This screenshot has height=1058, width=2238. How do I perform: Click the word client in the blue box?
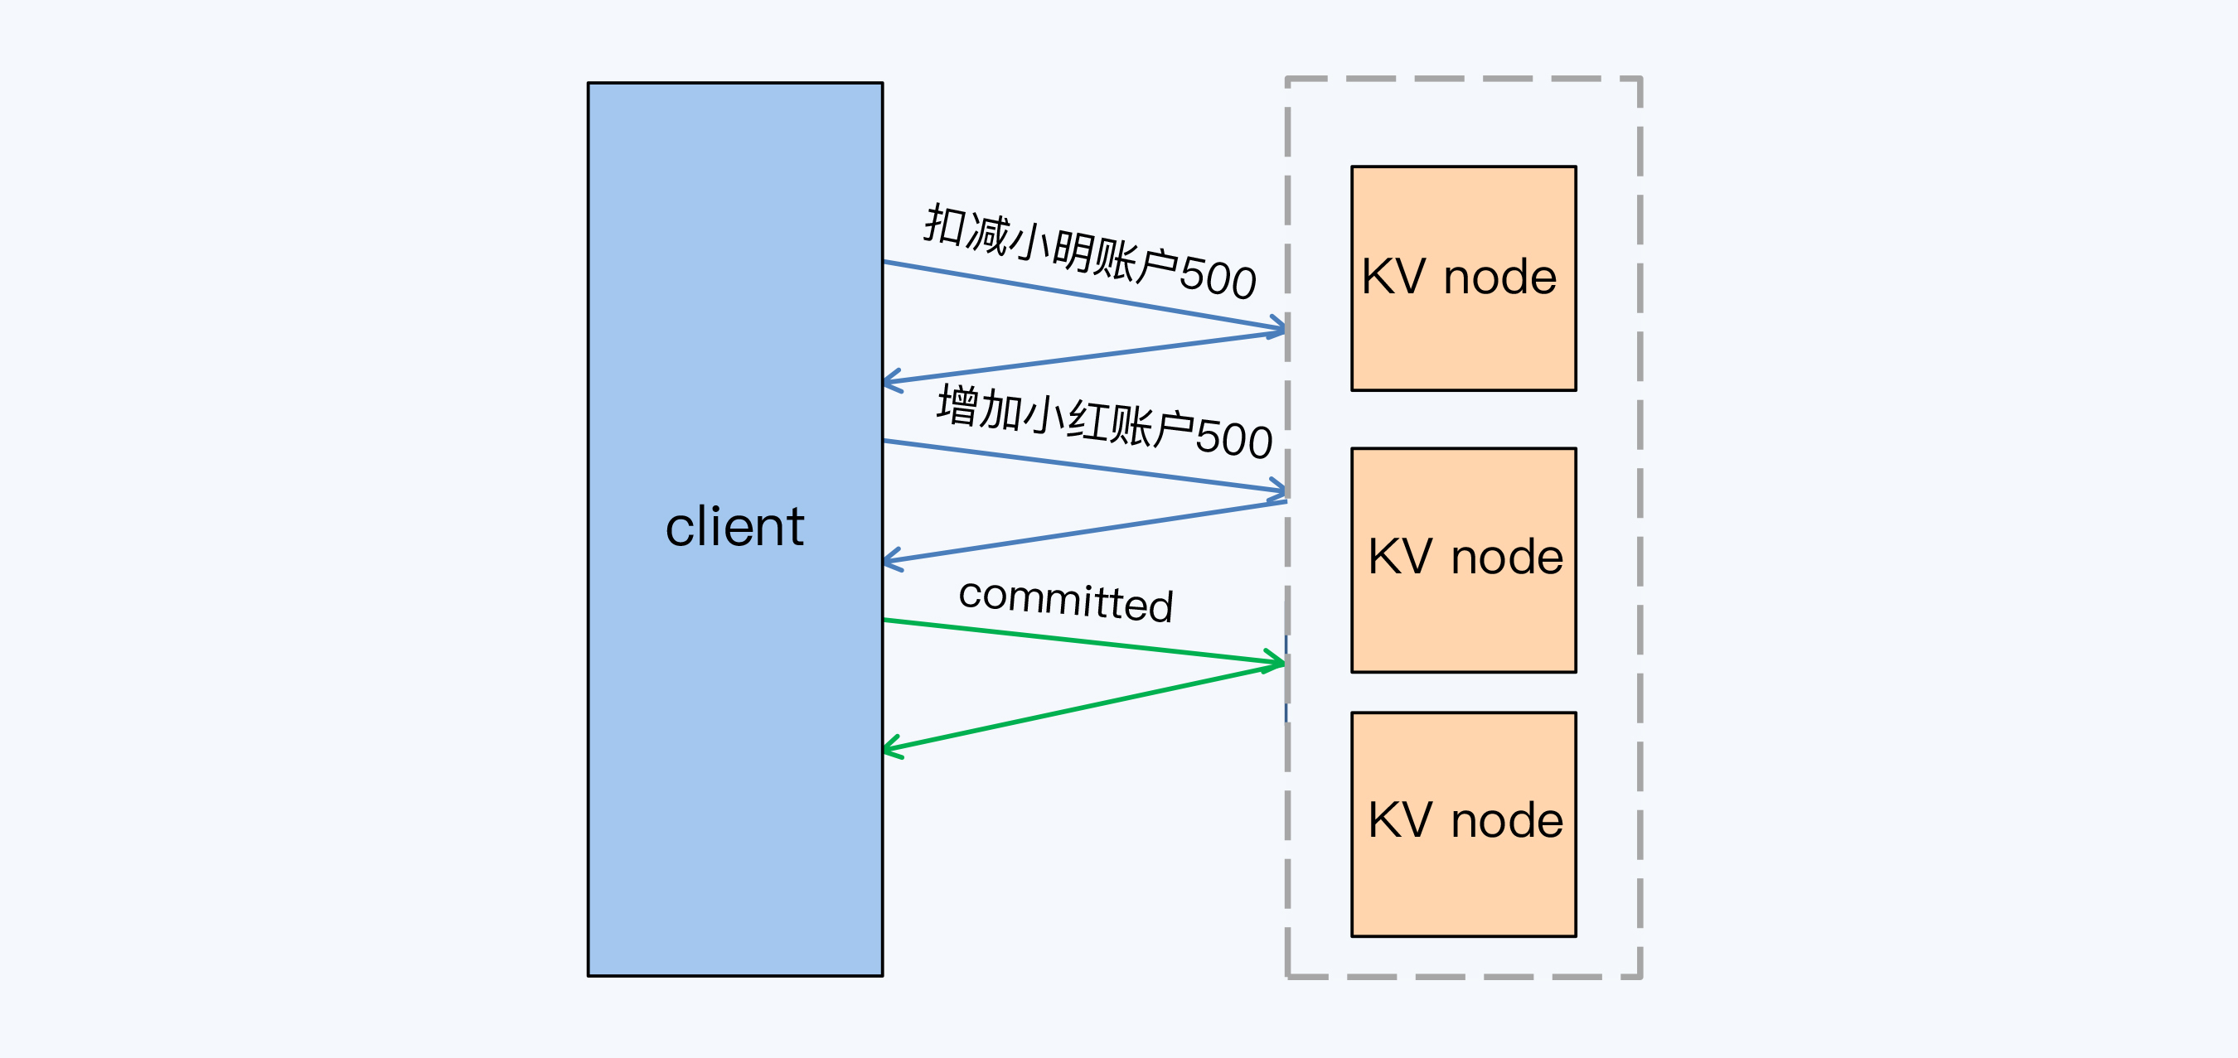tap(734, 526)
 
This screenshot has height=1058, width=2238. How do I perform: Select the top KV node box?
tap(1463, 278)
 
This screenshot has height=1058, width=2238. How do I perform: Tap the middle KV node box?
tap(1463, 559)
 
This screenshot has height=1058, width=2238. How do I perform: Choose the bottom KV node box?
tap(1463, 824)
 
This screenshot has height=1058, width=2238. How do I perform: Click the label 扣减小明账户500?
tap(1089, 252)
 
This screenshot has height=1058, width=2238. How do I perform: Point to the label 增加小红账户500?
tap(1104, 423)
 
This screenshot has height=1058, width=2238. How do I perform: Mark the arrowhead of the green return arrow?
tap(889, 748)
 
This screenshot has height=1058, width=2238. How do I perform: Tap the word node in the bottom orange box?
tap(1508, 821)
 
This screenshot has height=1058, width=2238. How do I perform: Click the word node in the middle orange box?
tap(1508, 557)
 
